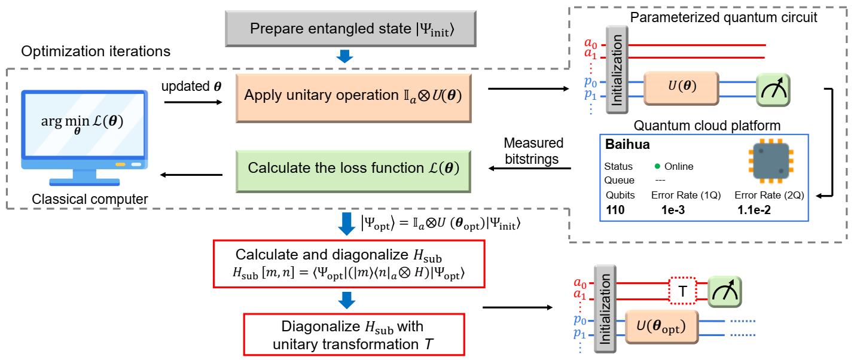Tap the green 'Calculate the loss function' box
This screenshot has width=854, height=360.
(353, 169)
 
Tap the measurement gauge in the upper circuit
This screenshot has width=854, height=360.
(772, 90)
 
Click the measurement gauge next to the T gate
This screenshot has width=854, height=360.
(724, 292)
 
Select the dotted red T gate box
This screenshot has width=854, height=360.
(683, 292)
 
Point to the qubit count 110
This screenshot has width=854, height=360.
(616, 209)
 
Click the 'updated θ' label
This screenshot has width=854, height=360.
(191, 86)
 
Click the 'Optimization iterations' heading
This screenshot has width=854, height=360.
(96, 52)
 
